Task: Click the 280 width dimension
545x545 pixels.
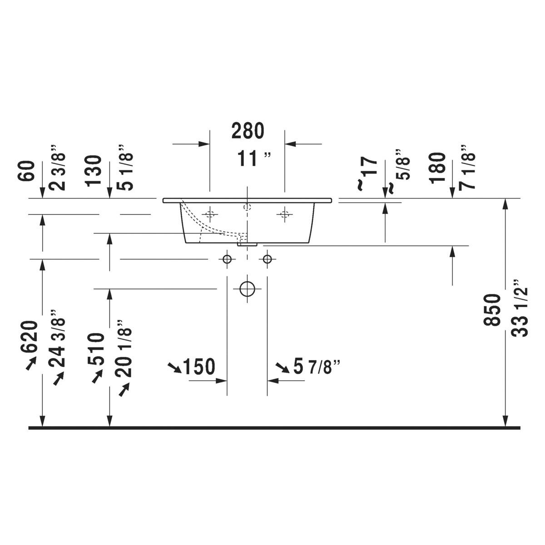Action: coord(248,131)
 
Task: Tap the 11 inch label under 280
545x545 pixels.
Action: coord(254,159)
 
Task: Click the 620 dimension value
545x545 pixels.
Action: coord(29,337)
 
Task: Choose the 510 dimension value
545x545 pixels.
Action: coord(96,349)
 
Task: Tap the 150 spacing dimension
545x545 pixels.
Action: coord(199,367)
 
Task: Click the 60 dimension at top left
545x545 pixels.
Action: coord(26,171)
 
